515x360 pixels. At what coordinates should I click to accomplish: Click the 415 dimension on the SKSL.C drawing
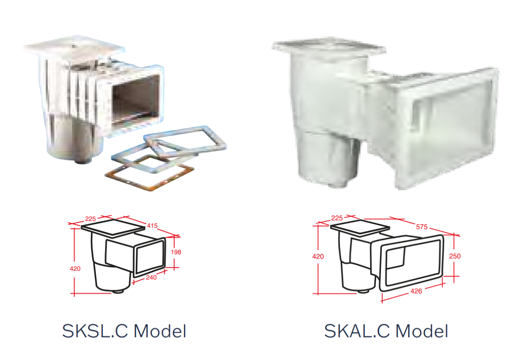click(152, 225)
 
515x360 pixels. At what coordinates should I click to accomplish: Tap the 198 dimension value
click(176, 252)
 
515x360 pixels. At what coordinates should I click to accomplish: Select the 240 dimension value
click(151, 278)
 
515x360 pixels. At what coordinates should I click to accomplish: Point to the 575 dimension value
click(422, 227)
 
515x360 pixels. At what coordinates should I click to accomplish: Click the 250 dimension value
click(455, 256)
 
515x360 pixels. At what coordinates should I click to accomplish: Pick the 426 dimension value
click(416, 291)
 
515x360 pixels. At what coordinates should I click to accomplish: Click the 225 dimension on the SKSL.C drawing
click(90, 219)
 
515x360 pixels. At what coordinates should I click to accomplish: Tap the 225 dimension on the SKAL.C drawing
click(337, 218)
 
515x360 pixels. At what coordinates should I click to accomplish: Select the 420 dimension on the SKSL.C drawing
click(75, 269)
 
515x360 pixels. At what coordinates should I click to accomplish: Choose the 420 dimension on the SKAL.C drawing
click(318, 256)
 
